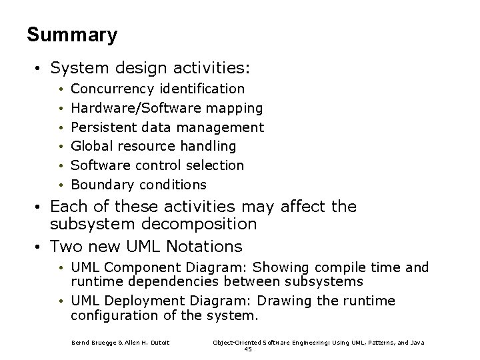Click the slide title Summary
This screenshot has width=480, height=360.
(72, 35)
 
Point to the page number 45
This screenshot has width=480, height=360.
(248, 349)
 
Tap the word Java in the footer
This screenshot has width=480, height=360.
(417, 343)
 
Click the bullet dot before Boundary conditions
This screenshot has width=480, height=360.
(61, 185)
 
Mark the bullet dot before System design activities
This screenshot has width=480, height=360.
(41, 68)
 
